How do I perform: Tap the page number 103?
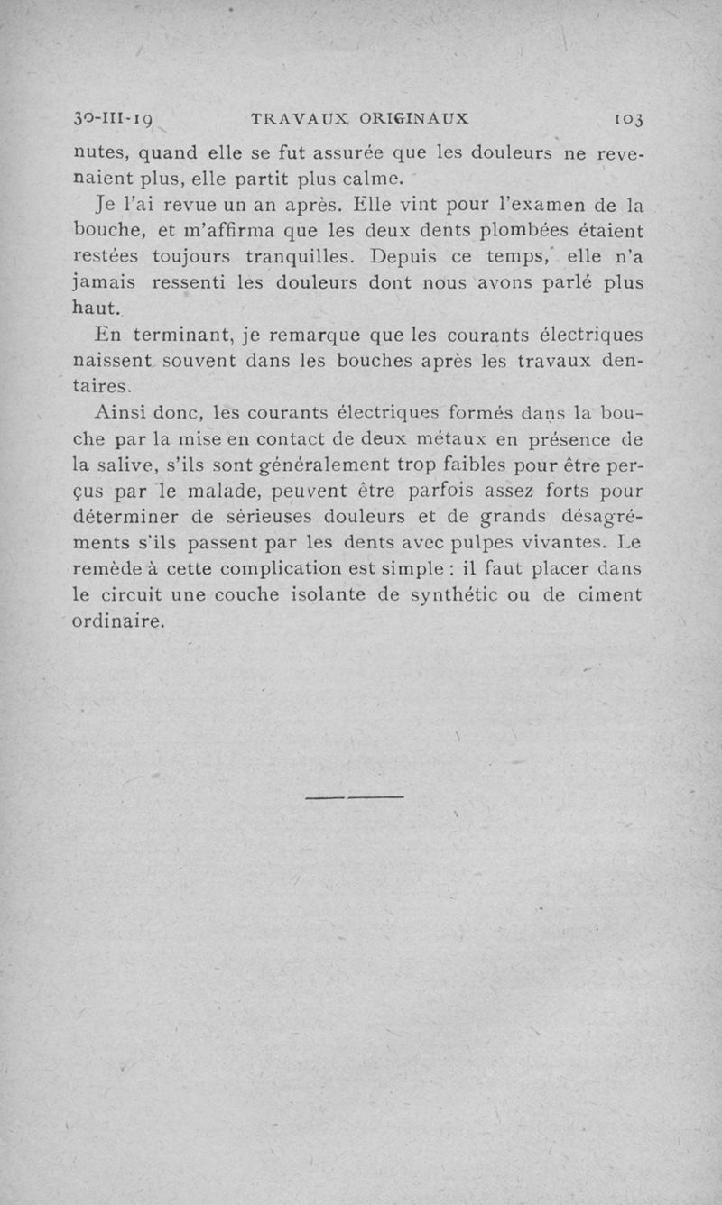point(626,119)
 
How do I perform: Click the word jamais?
point(103,282)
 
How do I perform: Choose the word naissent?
point(113,362)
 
